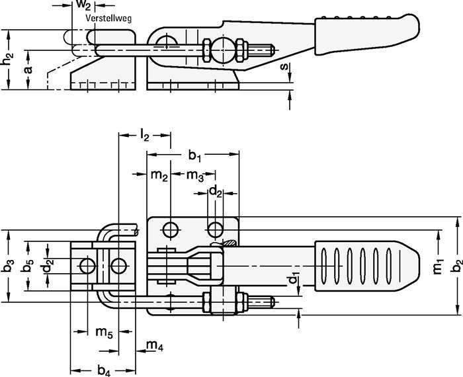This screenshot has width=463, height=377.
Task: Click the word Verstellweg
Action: [109, 19]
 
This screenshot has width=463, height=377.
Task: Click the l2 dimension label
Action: [145, 136]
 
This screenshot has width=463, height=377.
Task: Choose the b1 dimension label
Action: [194, 155]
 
